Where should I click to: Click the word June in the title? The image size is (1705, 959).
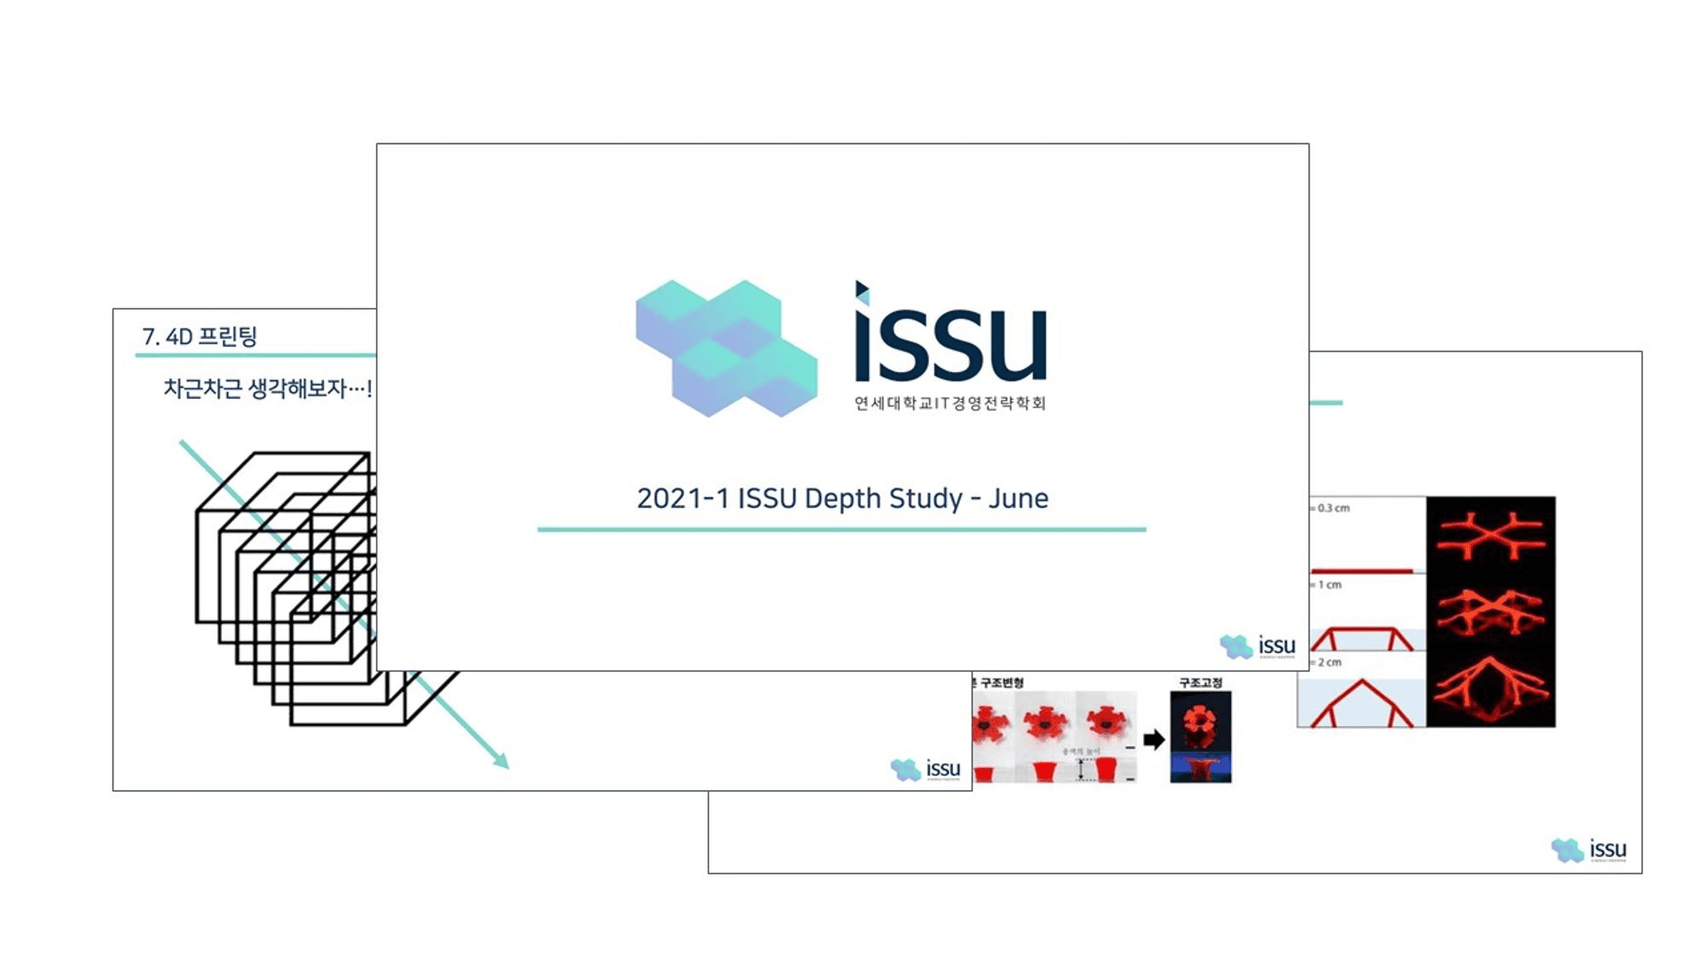coord(1018,498)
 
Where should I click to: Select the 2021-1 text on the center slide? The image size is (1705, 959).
coord(683,498)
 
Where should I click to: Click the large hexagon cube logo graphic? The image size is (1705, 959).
coord(726,348)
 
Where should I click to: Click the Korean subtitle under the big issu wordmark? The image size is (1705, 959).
coord(950,403)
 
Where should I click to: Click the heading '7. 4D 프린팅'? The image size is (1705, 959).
coord(199,337)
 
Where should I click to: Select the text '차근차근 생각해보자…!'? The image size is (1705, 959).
coord(267,389)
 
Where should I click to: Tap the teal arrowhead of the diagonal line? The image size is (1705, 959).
coord(502,761)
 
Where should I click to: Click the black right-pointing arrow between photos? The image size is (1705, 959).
coord(1153,739)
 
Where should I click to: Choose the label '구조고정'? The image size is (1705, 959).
coord(1200,682)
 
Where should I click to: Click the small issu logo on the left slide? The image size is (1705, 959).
coord(926,769)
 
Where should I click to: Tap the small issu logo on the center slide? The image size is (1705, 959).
coord(1258,646)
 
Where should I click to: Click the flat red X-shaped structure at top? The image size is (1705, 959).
coord(1490,535)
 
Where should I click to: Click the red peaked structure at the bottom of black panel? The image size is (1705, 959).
coord(1490,690)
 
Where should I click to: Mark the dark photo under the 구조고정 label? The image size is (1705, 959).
coord(1200,737)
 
